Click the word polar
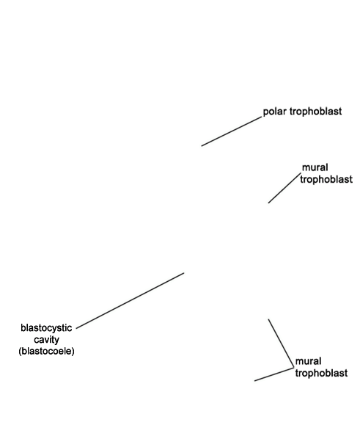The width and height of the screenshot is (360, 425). coord(275,112)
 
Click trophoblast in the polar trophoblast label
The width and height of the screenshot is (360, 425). coord(316,112)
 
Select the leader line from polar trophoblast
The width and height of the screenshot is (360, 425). coord(232,131)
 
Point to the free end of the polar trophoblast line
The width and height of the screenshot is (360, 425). coord(202,146)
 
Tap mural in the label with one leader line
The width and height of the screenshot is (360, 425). coord(315,167)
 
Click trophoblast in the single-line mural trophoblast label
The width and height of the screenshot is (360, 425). coord(326,179)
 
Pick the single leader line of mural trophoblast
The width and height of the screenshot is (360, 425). coord(284,188)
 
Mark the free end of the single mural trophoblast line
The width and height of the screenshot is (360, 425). coord(268,203)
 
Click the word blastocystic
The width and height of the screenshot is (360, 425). coord(46,328)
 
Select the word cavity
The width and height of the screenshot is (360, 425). coord(46,340)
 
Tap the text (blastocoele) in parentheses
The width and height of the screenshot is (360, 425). coord(46,352)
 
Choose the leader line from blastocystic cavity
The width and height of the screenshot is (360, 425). coord(131,301)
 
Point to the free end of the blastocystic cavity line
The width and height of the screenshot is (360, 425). coord(184,273)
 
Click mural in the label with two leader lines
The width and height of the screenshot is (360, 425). coord(308,361)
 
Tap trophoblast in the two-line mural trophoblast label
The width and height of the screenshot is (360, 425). coord(321,373)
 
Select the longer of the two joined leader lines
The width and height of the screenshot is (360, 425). coord(281,344)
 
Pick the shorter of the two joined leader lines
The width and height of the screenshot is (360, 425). coord(274,374)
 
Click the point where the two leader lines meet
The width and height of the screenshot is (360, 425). coord(294,368)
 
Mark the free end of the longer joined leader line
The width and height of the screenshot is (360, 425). coord(268,319)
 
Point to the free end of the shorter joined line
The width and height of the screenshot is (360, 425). coord(254,381)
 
